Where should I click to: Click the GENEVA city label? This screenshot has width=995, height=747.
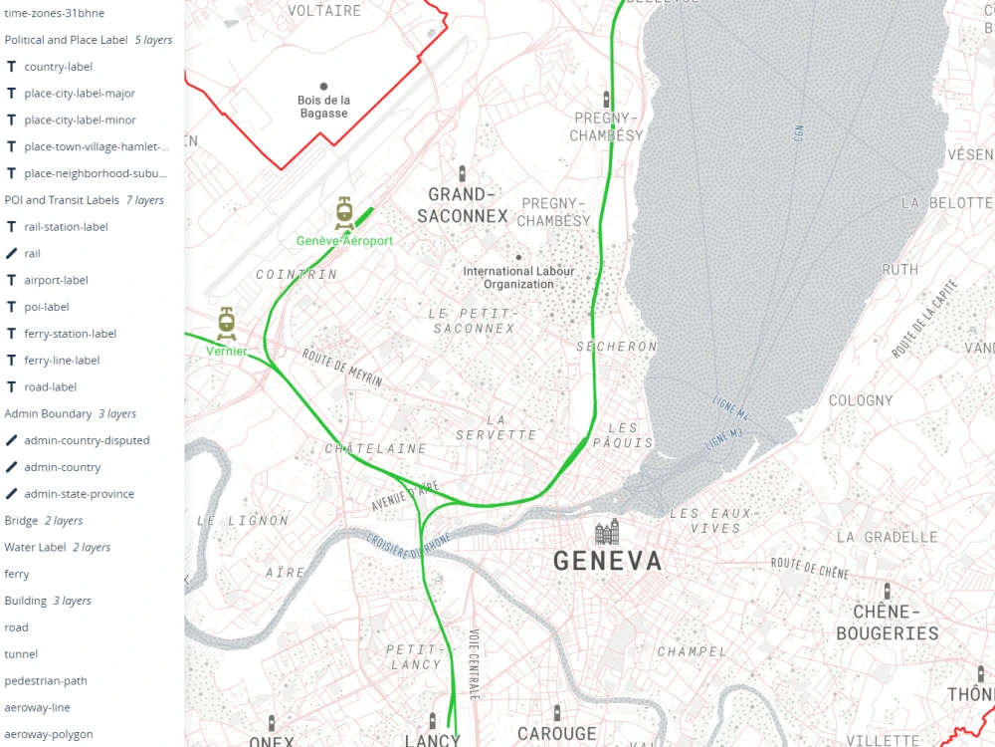click(x=607, y=562)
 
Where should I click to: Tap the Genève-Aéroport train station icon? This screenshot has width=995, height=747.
click(x=344, y=212)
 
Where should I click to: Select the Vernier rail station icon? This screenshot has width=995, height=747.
click(x=227, y=323)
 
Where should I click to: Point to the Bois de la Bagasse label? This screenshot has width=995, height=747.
click(x=323, y=107)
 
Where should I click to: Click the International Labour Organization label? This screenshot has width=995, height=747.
click(x=518, y=278)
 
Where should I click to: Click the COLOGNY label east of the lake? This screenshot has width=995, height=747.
click(x=861, y=400)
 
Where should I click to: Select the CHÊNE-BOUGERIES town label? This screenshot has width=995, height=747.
click(x=887, y=622)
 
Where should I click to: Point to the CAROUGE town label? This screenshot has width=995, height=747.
click(x=556, y=734)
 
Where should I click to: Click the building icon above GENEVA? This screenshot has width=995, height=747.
click(x=607, y=532)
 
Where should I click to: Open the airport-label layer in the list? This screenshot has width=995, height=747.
click(x=56, y=280)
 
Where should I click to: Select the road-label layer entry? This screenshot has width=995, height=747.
click(x=50, y=386)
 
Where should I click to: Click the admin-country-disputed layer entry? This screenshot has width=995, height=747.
click(x=87, y=440)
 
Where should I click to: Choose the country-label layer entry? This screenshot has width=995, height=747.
click(x=58, y=67)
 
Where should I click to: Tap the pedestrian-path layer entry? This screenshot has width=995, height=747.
click(x=46, y=680)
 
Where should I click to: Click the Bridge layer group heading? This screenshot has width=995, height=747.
click(x=21, y=521)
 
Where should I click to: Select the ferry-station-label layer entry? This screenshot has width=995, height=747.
click(x=70, y=334)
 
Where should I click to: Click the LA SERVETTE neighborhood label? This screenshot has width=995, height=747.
click(x=497, y=427)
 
